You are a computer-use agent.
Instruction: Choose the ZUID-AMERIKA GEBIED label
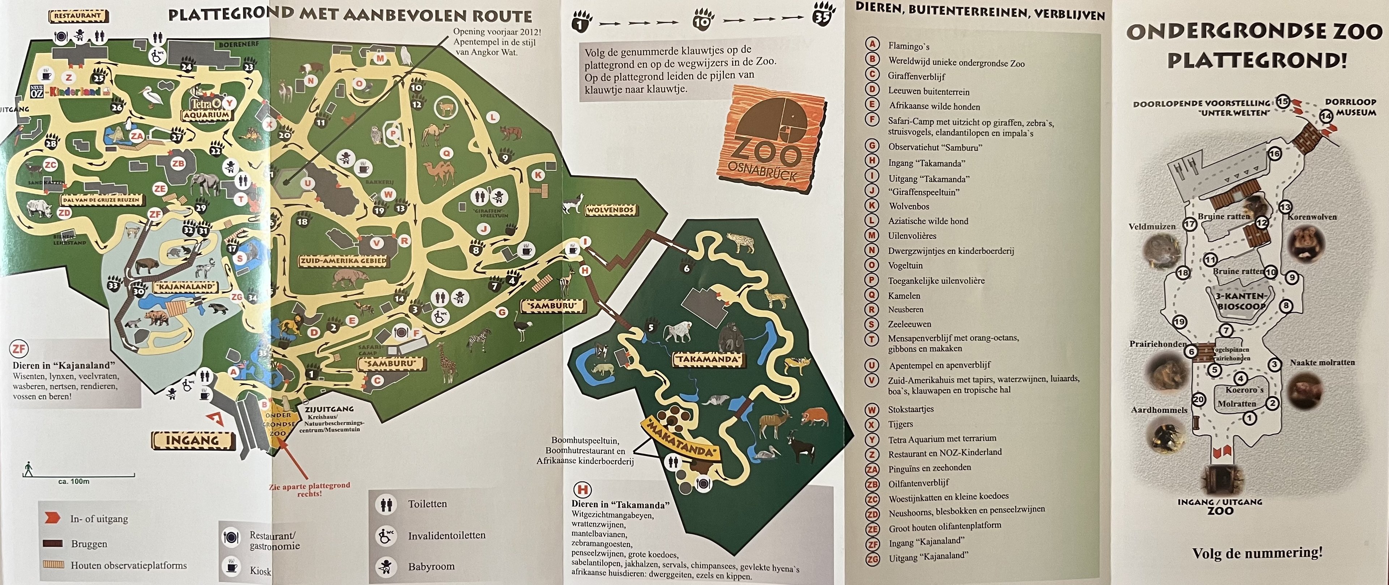[x=344, y=261]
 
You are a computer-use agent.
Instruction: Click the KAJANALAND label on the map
[x=186, y=287]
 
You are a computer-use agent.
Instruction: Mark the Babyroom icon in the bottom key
[x=386, y=566]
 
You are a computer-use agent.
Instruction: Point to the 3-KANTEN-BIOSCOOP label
[x=1240, y=301]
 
